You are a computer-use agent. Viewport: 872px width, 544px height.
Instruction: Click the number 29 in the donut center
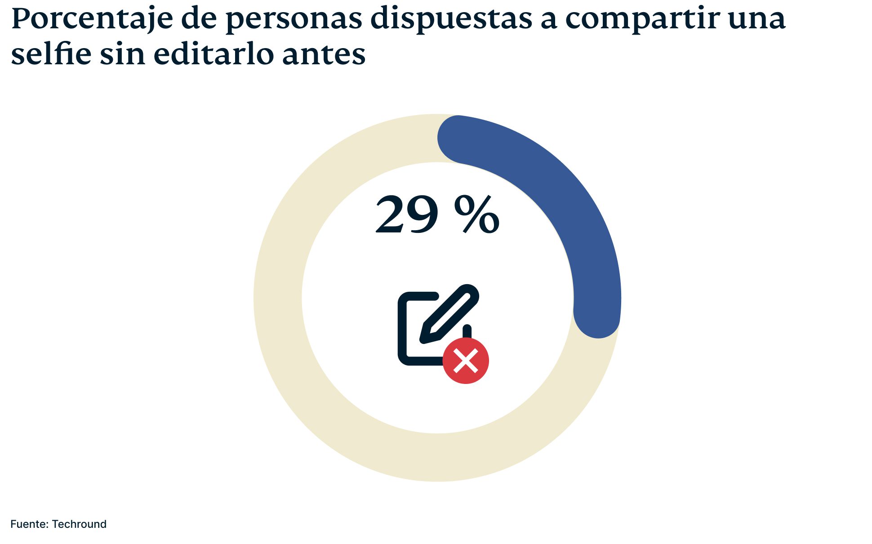tap(406, 215)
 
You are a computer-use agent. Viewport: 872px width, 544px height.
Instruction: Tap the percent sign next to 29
tap(476, 215)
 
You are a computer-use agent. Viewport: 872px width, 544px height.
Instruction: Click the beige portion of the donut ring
tap(315, 405)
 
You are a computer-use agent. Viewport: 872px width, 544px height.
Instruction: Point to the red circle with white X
tap(466, 361)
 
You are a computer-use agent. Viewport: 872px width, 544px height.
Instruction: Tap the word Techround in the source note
tap(79, 524)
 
